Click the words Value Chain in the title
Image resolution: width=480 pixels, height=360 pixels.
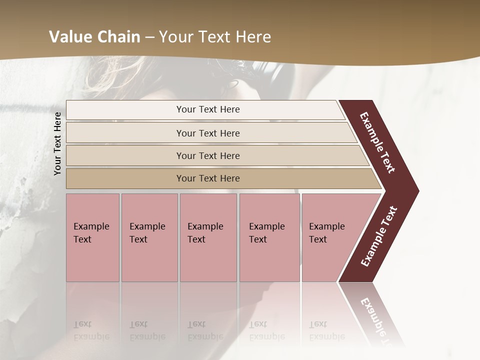coord(94,37)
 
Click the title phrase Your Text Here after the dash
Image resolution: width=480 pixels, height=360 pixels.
coord(215,37)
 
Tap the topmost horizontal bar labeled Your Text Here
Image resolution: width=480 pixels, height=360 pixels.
coord(207,109)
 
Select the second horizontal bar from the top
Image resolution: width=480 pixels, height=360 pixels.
coord(207,133)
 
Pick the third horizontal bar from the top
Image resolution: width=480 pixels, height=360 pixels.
coord(207,155)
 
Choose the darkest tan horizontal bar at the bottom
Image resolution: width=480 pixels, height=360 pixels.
coord(207,178)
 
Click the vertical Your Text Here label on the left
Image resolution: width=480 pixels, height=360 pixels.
coord(57,143)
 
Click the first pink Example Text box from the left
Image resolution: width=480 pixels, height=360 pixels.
coord(92,237)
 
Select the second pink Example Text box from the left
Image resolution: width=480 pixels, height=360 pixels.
coord(149,237)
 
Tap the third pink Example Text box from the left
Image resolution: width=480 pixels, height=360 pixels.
coord(208,237)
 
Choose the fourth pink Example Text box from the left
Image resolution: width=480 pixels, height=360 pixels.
coord(269,237)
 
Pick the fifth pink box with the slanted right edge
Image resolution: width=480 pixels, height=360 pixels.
coord(332,237)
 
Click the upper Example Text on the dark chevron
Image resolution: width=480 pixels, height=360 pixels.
coord(377,142)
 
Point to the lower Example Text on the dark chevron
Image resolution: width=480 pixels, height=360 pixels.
coord(379,236)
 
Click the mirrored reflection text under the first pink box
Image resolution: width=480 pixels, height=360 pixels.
coord(91,330)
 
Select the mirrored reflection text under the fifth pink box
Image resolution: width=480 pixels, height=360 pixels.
coord(326,330)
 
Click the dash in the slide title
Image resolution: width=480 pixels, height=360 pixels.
coord(149,37)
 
